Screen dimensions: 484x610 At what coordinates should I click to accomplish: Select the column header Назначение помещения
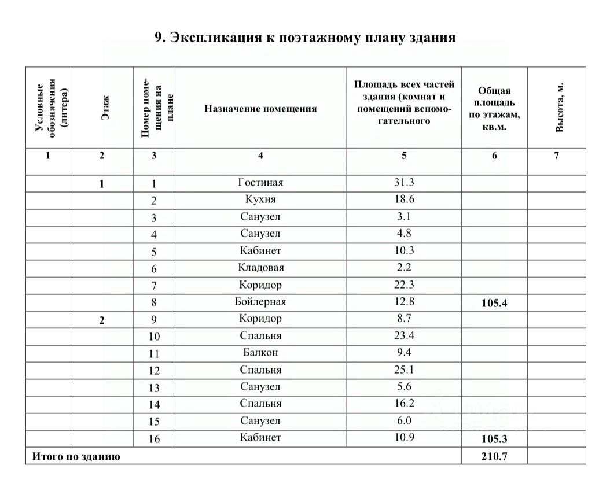(x=260, y=108)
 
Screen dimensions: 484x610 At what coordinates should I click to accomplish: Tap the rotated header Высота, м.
(x=559, y=108)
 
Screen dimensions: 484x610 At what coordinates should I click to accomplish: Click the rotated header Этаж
(x=105, y=108)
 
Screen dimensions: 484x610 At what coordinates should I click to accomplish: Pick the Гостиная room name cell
(x=260, y=183)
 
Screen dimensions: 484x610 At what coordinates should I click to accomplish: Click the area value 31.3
(x=404, y=183)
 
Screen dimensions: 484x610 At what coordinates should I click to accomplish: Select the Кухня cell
(x=260, y=200)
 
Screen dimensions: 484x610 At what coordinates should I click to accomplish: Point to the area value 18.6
(x=404, y=200)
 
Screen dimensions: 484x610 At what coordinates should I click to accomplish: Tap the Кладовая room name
(x=260, y=268)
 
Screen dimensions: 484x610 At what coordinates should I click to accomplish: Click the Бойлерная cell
(x=260, y=302)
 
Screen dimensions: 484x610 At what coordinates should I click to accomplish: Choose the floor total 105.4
(x=494, y=302)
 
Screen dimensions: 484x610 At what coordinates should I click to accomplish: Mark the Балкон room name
(x=260, y=353)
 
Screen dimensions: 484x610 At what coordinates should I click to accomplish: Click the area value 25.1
(x=404, y=370)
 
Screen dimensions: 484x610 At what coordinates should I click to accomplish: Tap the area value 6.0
(x=404, y=421)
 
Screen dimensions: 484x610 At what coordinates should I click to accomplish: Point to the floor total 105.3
(x=494, y=438)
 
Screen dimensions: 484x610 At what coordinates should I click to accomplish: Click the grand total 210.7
(x=494, y=456)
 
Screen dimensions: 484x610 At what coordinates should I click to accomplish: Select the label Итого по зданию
(x=76, y=456)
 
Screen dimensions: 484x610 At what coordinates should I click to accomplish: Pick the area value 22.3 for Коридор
(x=404, y=285)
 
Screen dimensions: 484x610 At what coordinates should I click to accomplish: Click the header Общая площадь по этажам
(x=494, y=108)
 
